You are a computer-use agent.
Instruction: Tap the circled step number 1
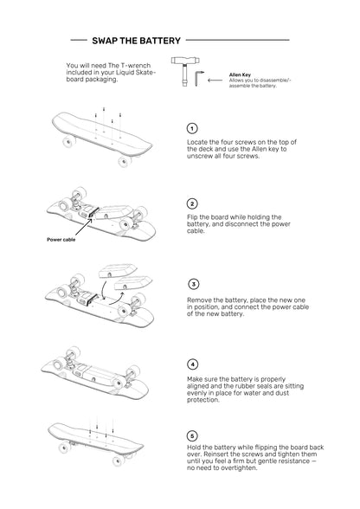pos(192,128)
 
